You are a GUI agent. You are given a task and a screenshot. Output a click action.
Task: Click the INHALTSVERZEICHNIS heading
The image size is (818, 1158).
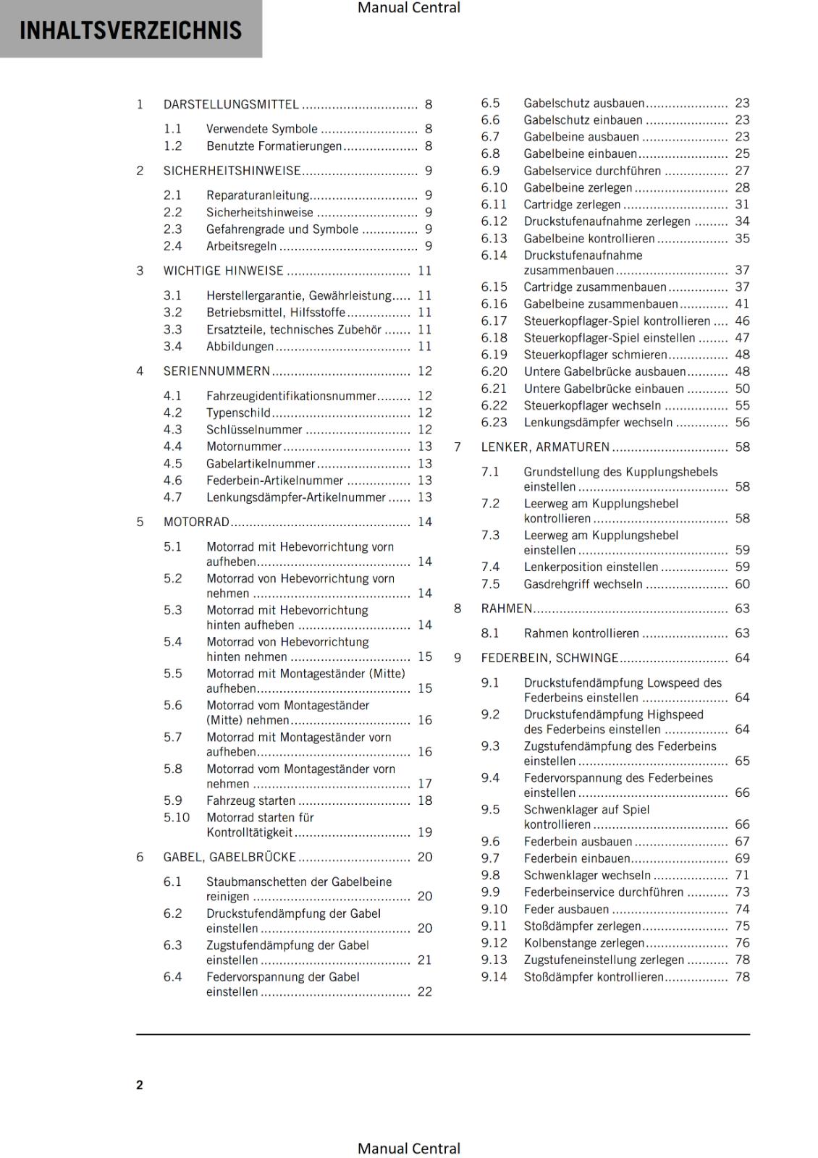point(130,30)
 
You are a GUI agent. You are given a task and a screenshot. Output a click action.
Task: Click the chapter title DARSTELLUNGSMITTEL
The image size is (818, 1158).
point(231,104)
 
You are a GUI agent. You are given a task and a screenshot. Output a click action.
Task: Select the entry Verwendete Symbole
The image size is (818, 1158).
point(261,129)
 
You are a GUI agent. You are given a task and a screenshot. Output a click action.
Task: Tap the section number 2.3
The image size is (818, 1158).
point(172,229)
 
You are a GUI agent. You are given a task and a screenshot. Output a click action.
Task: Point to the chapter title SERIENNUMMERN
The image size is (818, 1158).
point(216,371)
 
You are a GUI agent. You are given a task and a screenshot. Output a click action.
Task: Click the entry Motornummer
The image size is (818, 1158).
point(243,447)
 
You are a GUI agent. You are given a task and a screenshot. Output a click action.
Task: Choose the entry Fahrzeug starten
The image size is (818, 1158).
point(250,800)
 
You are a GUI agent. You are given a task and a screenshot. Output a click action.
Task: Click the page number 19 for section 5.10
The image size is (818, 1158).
point(425,832)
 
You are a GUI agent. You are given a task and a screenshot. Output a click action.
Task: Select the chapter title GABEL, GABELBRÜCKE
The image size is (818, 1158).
point(229,857)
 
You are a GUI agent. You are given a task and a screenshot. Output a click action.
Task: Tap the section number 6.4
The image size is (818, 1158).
point(172,977)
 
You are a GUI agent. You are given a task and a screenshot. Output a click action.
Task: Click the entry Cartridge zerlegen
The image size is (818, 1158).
point(572,205)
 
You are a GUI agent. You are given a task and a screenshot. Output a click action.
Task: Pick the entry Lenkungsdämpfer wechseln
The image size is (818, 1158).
point(598,423)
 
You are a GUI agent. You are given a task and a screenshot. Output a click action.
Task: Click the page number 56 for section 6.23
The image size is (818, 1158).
point(742,423)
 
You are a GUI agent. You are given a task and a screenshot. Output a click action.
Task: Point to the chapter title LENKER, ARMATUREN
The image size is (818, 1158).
point(545,447)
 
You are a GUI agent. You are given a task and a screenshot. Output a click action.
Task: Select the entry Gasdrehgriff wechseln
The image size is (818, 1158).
point(583,584)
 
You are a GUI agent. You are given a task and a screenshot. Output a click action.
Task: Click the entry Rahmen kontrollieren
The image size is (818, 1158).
point(581,633)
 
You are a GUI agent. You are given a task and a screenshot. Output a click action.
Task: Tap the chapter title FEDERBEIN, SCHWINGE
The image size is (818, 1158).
point(549,658)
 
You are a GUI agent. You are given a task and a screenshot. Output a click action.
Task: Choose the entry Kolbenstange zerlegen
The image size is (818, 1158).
point(583,943)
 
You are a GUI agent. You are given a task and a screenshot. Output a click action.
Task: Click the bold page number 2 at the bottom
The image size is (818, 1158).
point(140,1085)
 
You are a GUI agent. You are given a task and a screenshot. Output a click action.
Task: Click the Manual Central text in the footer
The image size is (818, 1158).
point(409,1149)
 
